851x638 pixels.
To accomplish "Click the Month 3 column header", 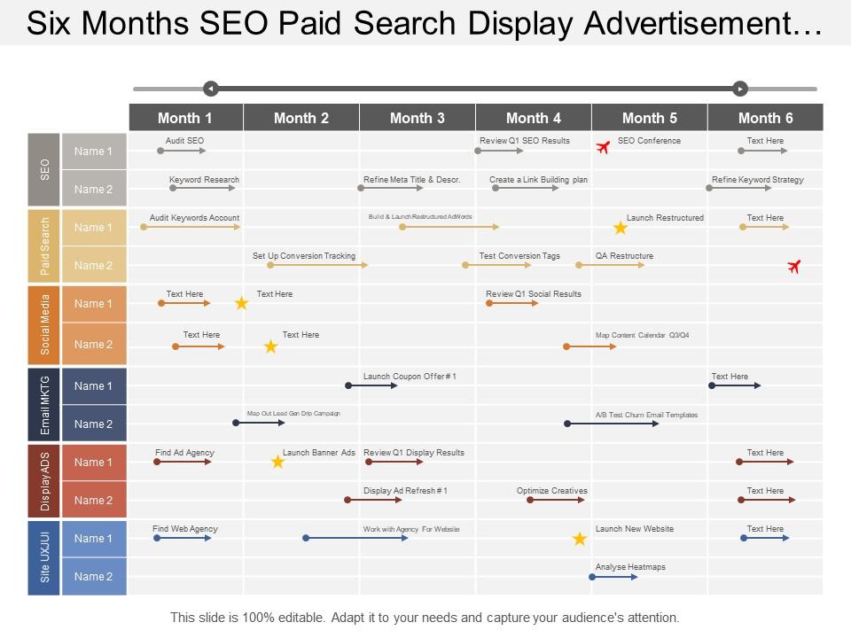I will click(x=417, y=118).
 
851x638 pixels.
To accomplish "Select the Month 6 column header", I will click(x=765, y=118).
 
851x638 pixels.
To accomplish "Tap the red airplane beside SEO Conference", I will click(x=604, y=147).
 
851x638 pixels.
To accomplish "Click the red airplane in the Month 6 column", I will click(x=793, y=266).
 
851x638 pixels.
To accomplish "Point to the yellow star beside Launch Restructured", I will click(x=621, y=229).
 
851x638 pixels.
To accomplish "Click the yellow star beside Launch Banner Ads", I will click(x=277, y=462).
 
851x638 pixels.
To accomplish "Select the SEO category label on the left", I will click(x=44, y=170).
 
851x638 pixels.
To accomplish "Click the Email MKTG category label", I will click(x=44, y=405).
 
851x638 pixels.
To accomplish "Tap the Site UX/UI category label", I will click(x=44, y=557).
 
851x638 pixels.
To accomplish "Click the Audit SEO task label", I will click(x=184, y=141).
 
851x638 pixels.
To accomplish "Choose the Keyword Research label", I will click(x=204, y=180).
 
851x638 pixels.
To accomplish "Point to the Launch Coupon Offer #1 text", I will click(x=410, y=377).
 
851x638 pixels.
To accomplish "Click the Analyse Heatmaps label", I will click(x=630, y=567).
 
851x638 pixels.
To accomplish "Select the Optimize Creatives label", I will click(x=551, y=491).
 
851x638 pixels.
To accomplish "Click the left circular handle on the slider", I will click(x=210, y=89).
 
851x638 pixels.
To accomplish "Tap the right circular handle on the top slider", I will click(x=740, y=89).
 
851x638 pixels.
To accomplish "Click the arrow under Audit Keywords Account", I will click(x=191, y=228).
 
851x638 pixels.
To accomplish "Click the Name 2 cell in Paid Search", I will click(x=94, y=266).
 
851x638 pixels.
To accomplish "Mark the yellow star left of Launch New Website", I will click(x=579, y=539).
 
